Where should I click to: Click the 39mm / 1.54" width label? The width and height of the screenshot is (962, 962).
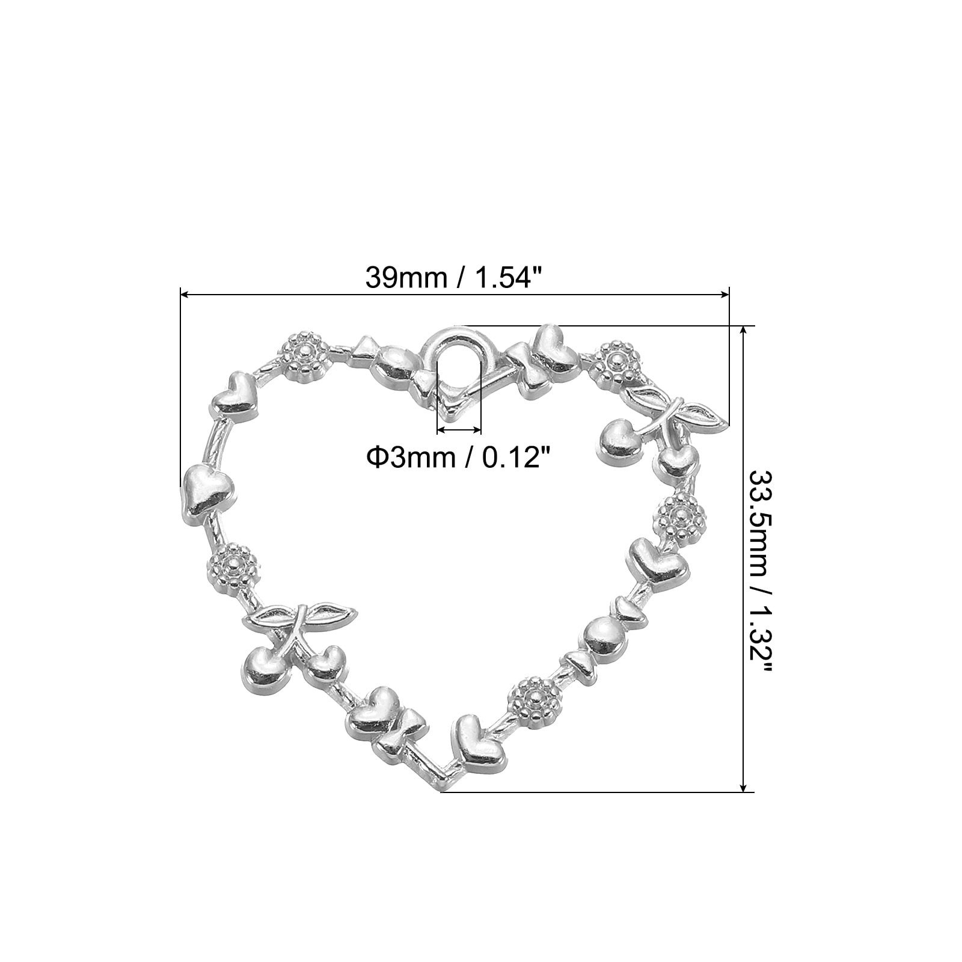tap(454, 278)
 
